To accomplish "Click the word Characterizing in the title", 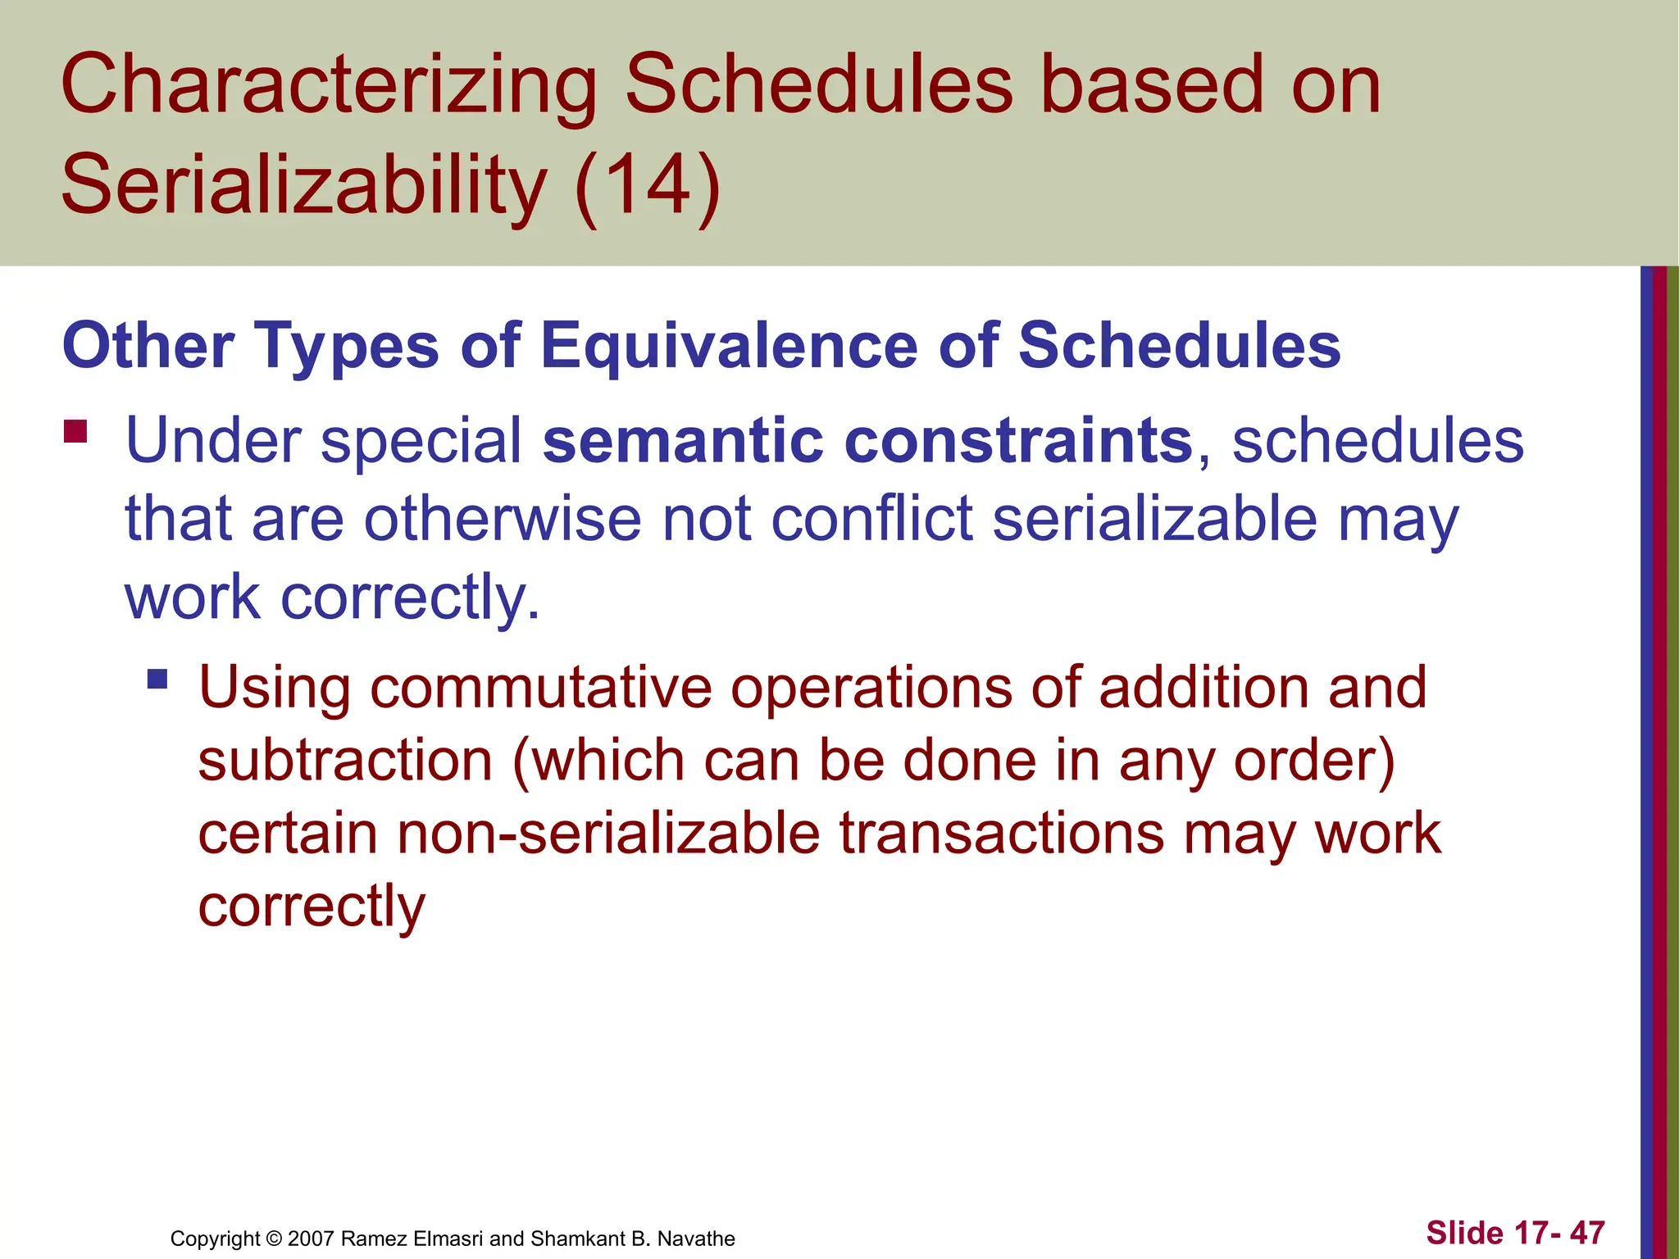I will pyautogui.click(x=328, y=86).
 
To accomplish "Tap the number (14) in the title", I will pyautogui.click(x=648, y=184).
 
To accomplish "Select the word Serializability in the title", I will pyautogui.click(x=303, y=184).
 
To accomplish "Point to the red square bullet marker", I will pyautogui.click(x=75, y=431).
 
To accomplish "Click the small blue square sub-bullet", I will pyautogui.click(x=157, y=679).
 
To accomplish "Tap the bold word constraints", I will pyautogui.click(x=1017, y=440).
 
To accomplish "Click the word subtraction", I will pyautogui.click(x=344, y=760).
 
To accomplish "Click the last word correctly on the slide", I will pyautogui.click(x=312, y=907).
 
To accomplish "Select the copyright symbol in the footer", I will pyautogui.click(x=274, y=1239).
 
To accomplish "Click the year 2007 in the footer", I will pyautogui.click(x=311, y=1239).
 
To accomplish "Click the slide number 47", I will pyautogui.click(x=1587, y=1233).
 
